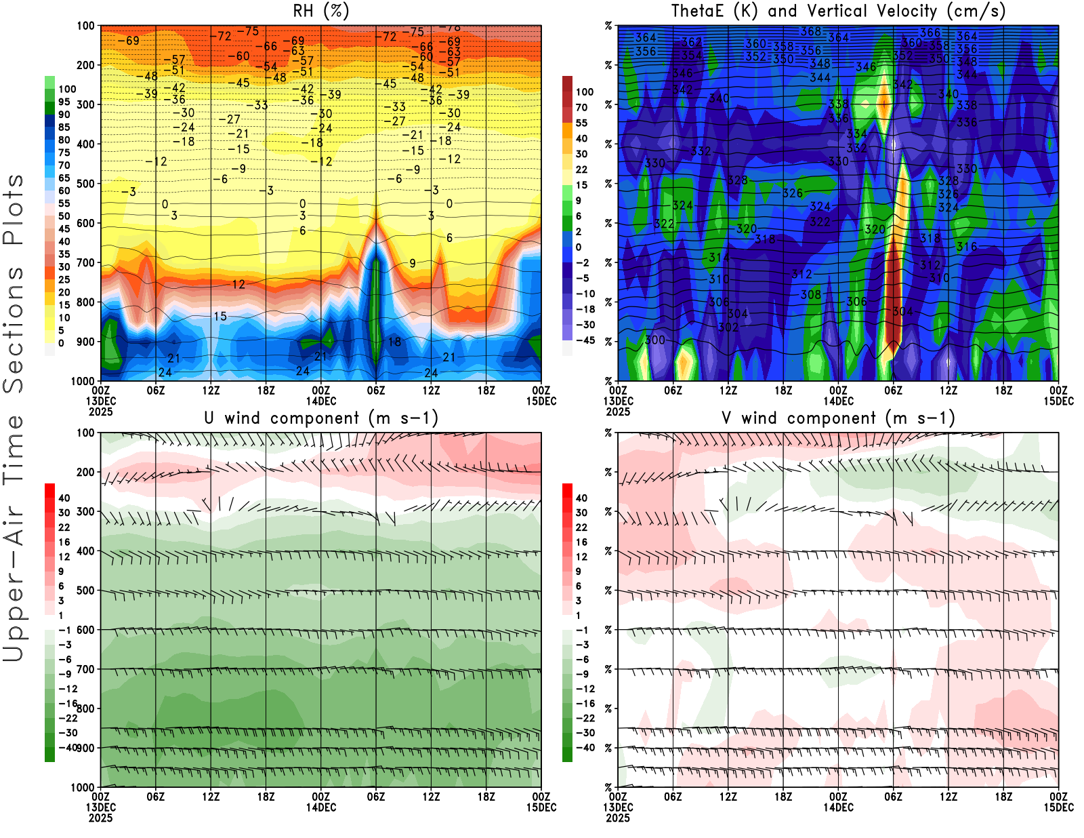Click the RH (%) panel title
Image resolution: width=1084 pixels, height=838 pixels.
tap(320, 12)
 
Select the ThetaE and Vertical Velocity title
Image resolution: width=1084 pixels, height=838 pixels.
tap(838, 12)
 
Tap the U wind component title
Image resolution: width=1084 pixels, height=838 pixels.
tap(320, 418)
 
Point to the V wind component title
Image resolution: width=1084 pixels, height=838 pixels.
tap(838, 418)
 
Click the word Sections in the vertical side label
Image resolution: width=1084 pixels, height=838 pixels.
tap(14, 329)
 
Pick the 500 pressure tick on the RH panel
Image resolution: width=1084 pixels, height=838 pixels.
tap(85, 184)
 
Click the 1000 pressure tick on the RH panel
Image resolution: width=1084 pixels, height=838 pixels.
tap(83, 381)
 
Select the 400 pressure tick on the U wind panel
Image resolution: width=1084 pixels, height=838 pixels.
tap(85, 551)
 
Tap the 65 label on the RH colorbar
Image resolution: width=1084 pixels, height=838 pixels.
tap(64, 178)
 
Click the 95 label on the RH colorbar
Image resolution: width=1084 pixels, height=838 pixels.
tap(64, 102)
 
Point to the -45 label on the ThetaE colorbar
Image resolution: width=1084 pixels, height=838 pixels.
tap(585, 340)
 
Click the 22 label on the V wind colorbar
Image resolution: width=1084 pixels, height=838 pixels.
tap(581, 527)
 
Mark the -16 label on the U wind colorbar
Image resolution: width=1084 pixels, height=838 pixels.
tap(68, 704)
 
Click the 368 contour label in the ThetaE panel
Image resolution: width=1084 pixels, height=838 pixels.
tap(810, 32)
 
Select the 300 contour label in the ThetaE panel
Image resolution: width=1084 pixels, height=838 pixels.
tap(654, 340)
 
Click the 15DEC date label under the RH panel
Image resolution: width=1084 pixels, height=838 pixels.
tap(541, 401)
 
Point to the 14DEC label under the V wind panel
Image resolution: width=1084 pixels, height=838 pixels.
tap(838, 807)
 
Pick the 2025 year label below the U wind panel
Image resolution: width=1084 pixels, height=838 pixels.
tap(100, 818)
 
